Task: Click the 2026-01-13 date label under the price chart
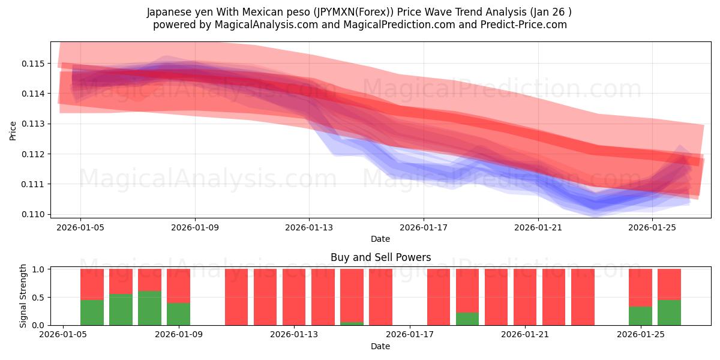click(309, 227)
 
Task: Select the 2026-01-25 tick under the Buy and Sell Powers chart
click(641, 335)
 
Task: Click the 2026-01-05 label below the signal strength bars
click(63, 335)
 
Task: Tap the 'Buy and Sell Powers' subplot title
click(380, 257)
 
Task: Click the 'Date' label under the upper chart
click(380, 239)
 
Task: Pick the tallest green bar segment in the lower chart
click(149, 308)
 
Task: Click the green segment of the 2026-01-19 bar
click(467, 319)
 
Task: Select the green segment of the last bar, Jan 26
click(669, 313)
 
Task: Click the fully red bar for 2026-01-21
click(525, 297)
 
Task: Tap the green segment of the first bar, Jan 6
click(92, 313)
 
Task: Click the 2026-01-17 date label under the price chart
click(424, 227)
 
